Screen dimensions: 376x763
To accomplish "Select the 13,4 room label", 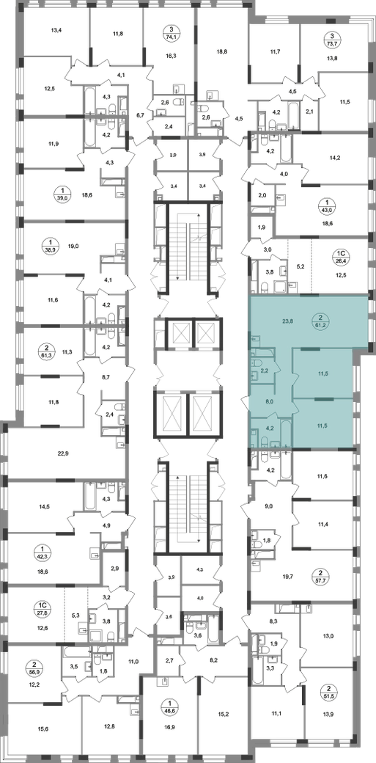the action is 57,30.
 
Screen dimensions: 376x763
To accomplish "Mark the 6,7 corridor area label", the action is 141,115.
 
